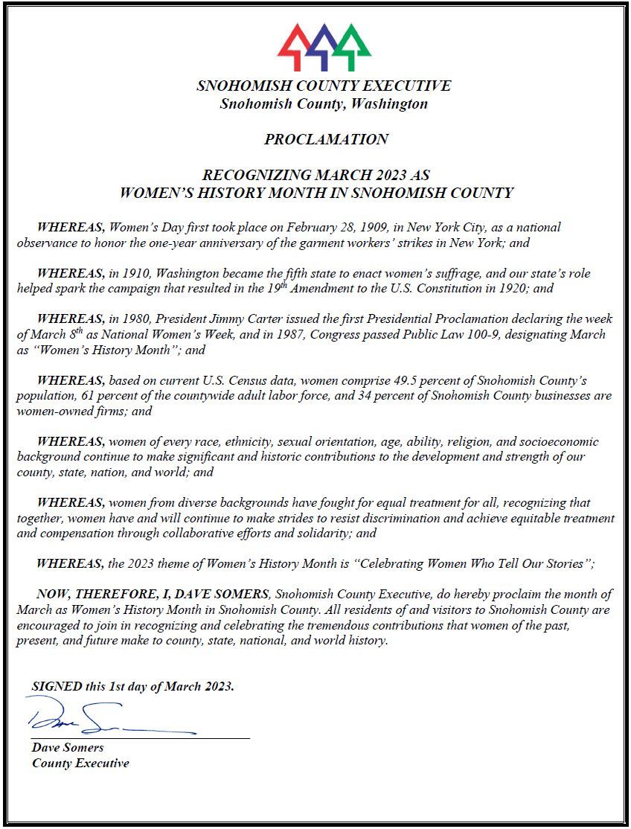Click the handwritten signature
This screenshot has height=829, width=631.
click(x=104, y=718)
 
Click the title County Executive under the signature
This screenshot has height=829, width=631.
click(x=80, y=763)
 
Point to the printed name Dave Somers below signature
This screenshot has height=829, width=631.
click(x=68, y=747)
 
